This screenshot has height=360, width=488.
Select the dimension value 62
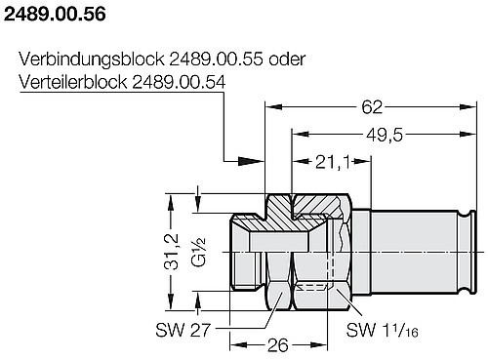(371, 104)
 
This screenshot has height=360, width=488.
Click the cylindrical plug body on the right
(410, 249)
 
